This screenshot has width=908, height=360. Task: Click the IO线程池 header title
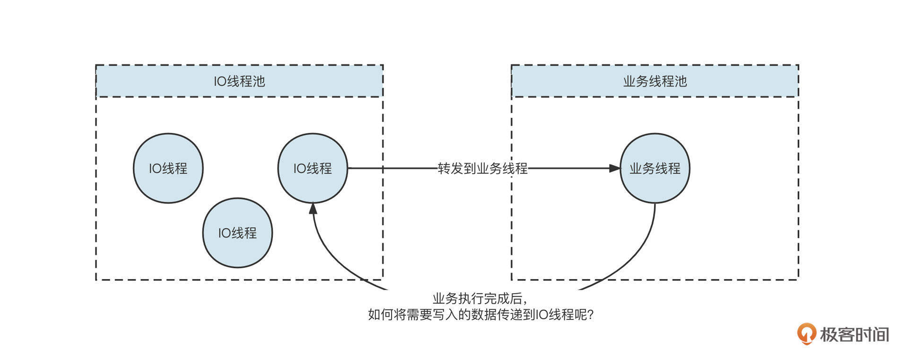239,81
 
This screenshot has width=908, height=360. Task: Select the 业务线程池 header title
655,81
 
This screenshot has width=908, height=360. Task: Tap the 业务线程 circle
655,168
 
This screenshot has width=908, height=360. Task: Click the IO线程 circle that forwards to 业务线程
313,168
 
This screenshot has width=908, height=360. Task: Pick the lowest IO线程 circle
237,233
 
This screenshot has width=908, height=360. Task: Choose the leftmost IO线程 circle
168,168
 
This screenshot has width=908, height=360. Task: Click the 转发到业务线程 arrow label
482,168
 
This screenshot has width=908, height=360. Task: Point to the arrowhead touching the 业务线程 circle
614,168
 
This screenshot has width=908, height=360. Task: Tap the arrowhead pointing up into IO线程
313,209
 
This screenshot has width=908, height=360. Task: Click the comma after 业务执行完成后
525,301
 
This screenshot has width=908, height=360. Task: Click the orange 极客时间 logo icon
806,334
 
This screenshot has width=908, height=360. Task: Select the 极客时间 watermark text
854,334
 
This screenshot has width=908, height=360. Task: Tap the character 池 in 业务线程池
680,81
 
